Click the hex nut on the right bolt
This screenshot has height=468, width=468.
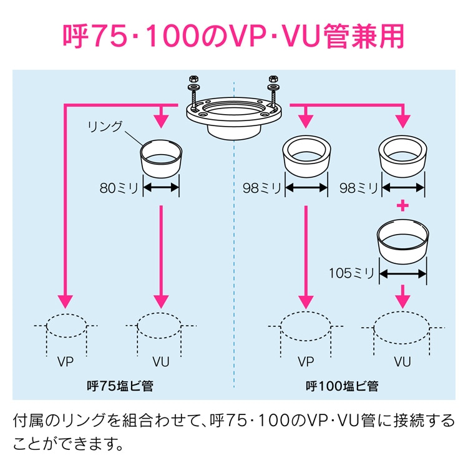coord(272,80)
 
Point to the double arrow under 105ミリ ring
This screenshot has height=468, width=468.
coord(403,273)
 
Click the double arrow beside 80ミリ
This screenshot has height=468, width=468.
coord(162,187)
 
